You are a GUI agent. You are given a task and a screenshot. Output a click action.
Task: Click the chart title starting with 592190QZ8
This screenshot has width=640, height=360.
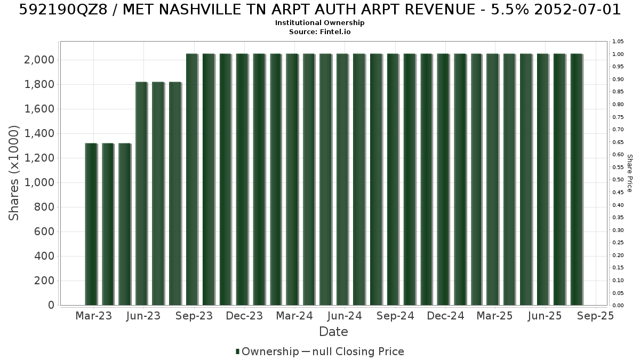coord(319,10)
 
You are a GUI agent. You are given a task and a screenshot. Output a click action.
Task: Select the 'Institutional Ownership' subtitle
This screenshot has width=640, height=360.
coord(319,23)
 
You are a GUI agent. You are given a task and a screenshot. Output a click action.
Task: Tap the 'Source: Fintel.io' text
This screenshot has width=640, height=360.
coord(319,31)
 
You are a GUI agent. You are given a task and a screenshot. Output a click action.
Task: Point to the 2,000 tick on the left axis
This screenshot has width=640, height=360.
coord(39,60)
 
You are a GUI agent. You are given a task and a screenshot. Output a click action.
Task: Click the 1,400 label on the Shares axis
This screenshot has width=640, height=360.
coord(39,133)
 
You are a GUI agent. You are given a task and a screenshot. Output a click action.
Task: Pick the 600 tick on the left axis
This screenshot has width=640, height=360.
coord(44,231)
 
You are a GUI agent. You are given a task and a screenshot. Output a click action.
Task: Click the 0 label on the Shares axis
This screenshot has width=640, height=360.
coord(51,305)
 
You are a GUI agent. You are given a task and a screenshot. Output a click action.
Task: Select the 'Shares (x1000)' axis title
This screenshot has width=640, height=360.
coord(13,173)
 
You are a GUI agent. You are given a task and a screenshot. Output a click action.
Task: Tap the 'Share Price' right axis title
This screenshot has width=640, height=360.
coord(630,173)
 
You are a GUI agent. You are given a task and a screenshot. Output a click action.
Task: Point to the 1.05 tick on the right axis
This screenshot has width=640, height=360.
coord(618,42)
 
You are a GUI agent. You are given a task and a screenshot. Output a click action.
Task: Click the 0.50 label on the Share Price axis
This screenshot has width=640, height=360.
coord(618,180)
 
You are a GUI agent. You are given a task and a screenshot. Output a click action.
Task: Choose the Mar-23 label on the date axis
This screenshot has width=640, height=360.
coord(94,316)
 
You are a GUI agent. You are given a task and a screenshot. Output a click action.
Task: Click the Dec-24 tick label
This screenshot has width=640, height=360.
coord(445,316)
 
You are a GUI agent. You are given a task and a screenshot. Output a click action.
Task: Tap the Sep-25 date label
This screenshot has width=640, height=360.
coord(595,316)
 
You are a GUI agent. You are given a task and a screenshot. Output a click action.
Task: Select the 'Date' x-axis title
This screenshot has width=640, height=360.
coord(333,332)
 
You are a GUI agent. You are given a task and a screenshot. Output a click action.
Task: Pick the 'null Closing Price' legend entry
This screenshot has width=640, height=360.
coord(358,351)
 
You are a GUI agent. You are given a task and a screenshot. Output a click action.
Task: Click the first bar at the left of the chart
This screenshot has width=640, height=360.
coord(91,225)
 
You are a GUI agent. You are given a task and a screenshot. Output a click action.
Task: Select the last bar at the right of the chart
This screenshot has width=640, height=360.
coord(577,179)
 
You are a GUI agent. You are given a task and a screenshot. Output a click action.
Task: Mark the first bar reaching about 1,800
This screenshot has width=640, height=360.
coord(141,194)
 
